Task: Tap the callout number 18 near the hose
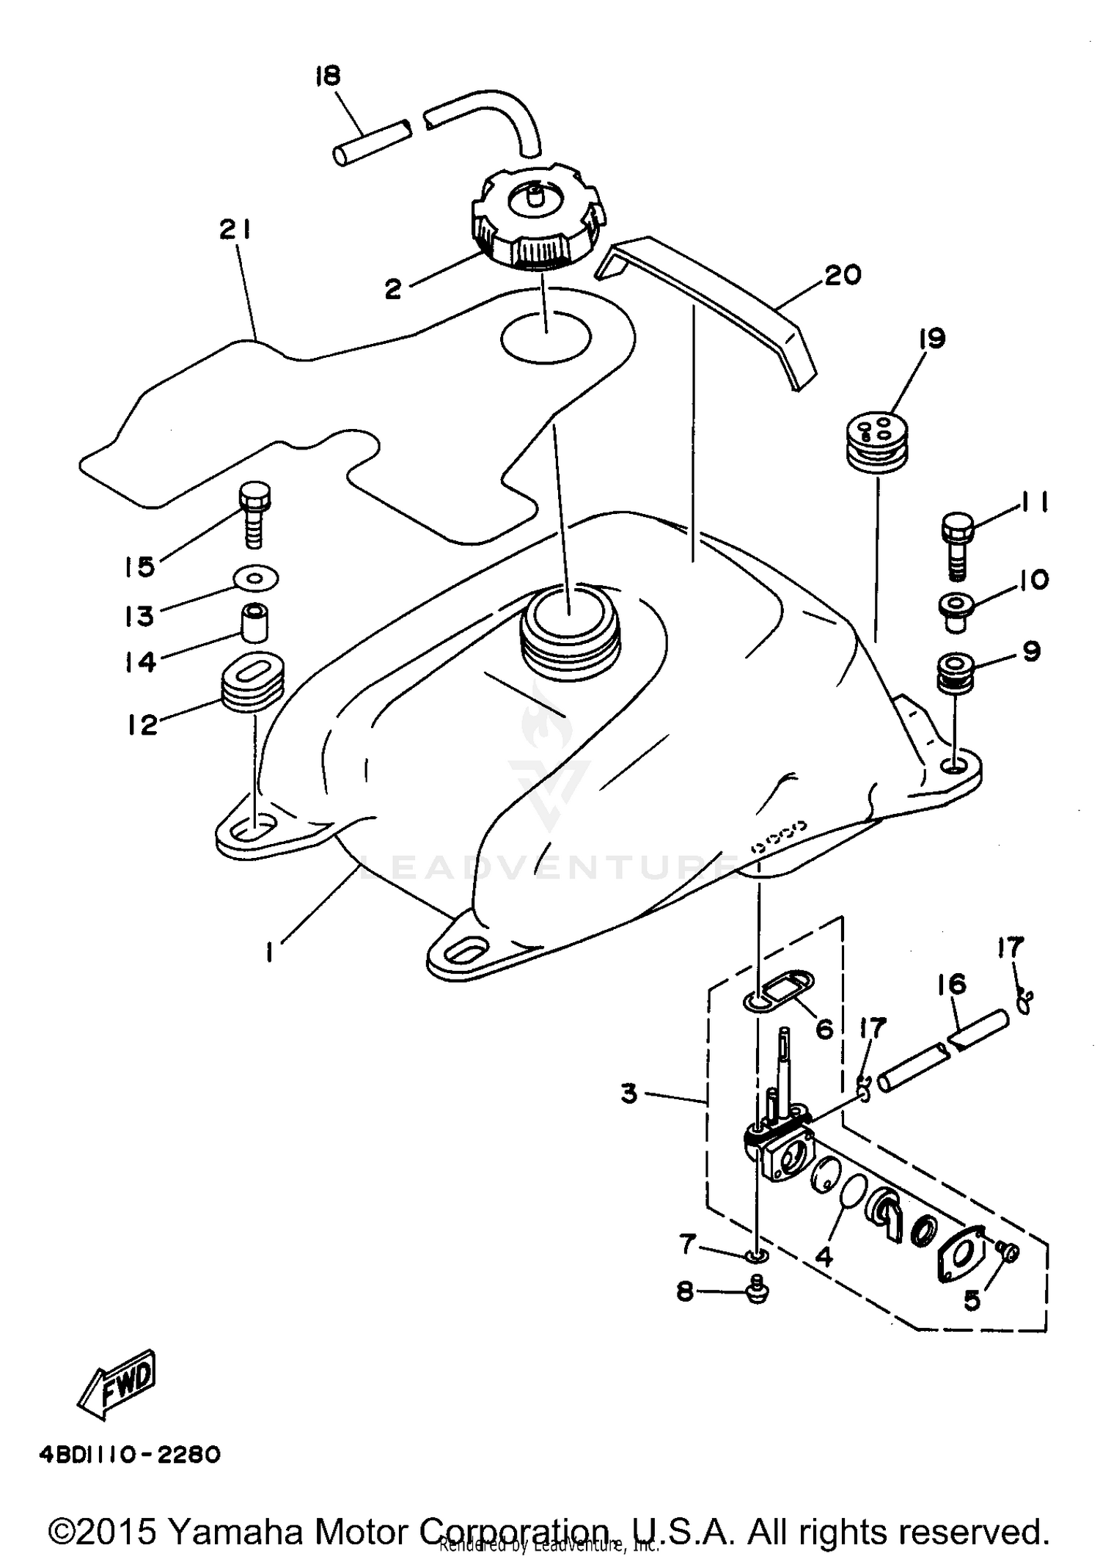pos(328,76)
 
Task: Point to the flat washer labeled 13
pos(255,578)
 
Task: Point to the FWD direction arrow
pos(117,1384)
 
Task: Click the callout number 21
pos(235,230)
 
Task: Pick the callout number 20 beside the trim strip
pos(842,276)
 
